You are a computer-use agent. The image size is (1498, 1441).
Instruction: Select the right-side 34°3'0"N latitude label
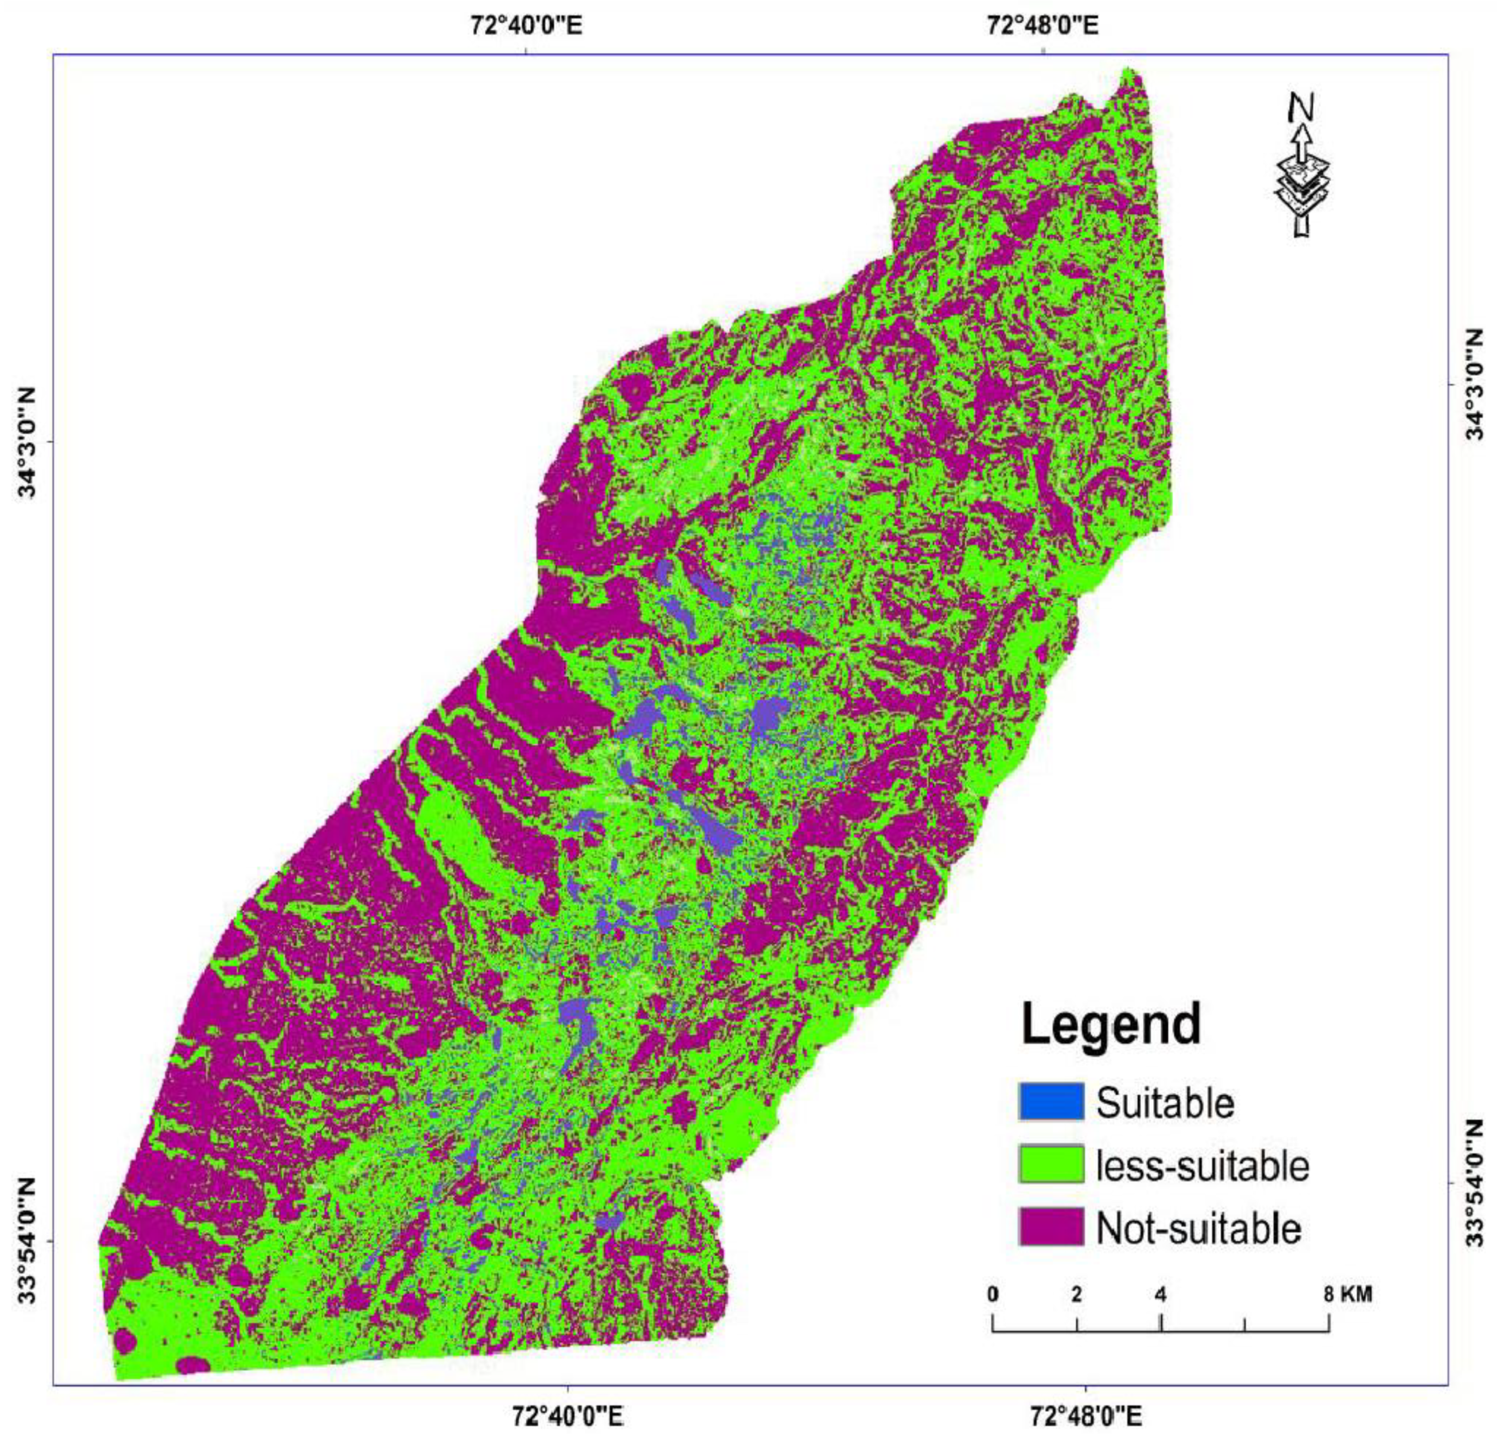click(1474, 385)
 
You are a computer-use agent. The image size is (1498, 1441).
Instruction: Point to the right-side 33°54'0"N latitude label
click(1474, 1182)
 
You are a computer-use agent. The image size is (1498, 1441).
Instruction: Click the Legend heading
click(1111, 1025)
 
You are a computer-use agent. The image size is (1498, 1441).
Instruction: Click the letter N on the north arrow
click(1302, 109)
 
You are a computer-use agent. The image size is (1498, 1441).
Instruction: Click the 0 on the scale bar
click(992, 1294)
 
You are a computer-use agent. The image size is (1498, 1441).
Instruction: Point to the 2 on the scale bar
click(1076, 1294)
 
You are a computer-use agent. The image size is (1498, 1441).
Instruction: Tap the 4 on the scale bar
click(1160, 1294)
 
